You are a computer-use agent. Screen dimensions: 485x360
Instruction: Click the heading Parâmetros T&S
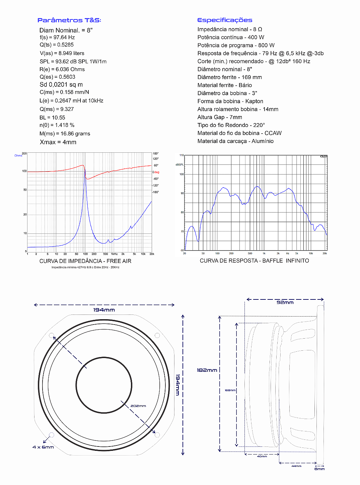(69, 20)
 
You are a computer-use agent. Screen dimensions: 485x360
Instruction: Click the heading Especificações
(225, 20)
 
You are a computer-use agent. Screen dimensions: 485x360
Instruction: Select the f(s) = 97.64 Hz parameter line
(57, 38)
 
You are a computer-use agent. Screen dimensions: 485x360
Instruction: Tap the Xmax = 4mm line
(58, 142)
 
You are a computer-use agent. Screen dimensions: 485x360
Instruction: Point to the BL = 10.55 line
(52, 118)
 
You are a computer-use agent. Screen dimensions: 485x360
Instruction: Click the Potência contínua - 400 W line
(231, 37)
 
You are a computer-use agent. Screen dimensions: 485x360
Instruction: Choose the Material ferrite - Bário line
(225, 85)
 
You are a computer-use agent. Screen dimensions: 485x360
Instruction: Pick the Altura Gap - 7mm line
(220, 117)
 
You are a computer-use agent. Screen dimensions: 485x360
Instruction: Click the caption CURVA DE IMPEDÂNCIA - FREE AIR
(85, 261)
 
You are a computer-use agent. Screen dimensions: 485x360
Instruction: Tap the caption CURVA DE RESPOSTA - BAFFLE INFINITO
(255, 261)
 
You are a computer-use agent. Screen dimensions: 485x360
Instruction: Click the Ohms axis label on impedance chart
(18, 156)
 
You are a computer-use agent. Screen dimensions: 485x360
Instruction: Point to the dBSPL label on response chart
(180, 165)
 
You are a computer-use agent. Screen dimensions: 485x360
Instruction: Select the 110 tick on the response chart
(182, 155)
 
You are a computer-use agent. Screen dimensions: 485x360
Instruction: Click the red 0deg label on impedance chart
(156, 172)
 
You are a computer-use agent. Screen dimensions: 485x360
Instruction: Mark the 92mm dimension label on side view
(285, 302)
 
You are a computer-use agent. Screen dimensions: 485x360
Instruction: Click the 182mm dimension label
(207, 370)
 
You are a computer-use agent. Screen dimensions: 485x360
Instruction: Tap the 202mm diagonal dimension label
(138, 406)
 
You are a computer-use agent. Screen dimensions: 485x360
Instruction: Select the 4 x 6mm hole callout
(43, 447)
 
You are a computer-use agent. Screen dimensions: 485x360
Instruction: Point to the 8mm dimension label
(319, 469)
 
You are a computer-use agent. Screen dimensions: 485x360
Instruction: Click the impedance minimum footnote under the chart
(85, 267)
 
